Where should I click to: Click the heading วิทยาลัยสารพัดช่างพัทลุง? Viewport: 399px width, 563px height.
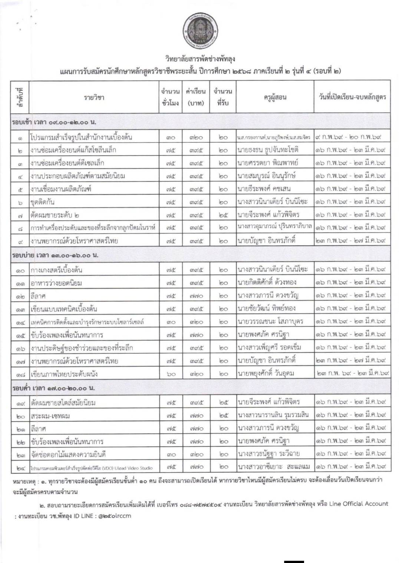pos(200,59)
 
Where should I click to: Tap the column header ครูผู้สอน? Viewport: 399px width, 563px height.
pos(275,97)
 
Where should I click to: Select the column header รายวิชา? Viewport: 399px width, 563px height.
pos(94,97)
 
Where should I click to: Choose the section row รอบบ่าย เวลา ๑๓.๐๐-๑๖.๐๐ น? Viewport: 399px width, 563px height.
pos(55,255)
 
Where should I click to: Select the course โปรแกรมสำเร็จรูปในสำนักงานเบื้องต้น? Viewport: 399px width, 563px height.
pos(82,137)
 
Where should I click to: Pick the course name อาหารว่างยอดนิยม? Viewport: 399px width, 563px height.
pos(56,283)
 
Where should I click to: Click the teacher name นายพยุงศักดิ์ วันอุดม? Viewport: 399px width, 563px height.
pos(266,373)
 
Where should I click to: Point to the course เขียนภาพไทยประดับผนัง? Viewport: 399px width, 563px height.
pos(64,374)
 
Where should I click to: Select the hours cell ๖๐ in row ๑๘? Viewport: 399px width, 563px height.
pos(171,374)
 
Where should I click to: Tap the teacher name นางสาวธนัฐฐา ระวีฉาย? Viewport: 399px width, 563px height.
pos(269,454)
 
